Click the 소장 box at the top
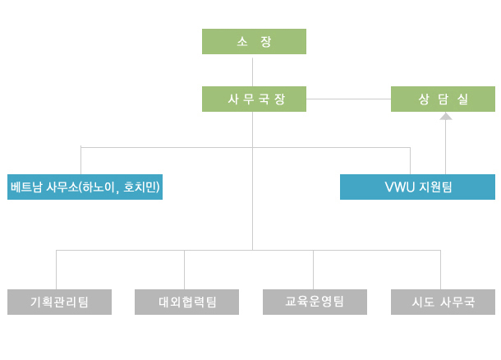point(254,41)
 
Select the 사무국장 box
point(254,99)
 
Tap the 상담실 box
point(443,99)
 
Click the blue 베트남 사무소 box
point(85,187)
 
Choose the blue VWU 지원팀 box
point(417,187)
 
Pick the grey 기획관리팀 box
point(59,302)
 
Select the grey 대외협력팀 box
point(186,302)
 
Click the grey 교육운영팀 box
point(315,302)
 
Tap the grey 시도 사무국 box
point(444,302)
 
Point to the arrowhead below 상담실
point(446,117)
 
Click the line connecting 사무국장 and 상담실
point(348,99)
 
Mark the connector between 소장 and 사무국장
point(254,70)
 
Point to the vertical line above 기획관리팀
point(56,270)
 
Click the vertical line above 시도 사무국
point(441,270)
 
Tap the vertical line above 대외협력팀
point(184,270)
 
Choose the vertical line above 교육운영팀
point(313,270)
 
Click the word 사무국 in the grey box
point(457,302)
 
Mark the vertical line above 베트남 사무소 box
point(81,160)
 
